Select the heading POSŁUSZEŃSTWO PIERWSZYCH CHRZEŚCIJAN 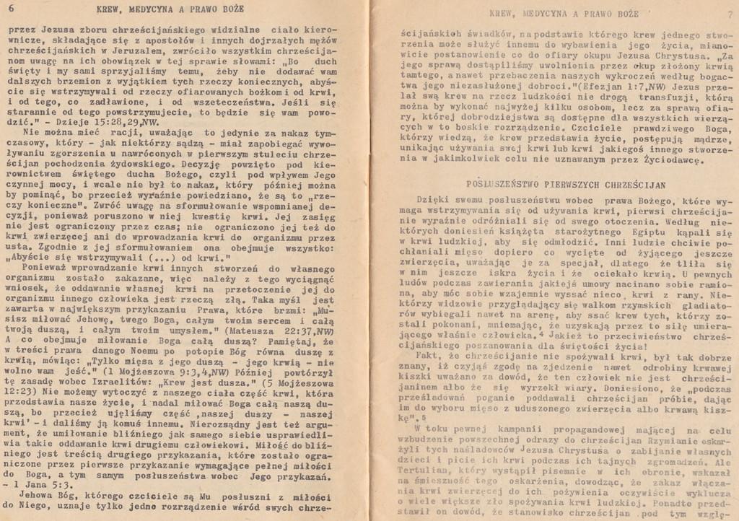[x=566, y=184]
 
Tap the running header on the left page [x=170, y=9]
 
